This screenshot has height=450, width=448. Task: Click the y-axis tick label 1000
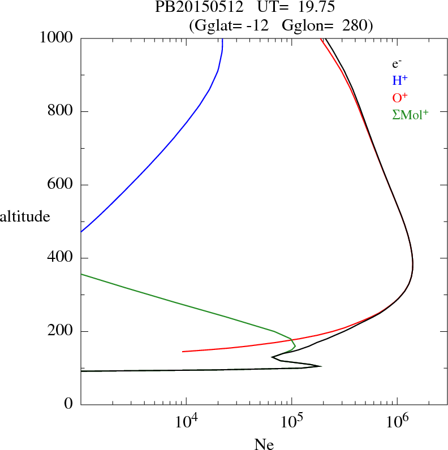click(57, 38)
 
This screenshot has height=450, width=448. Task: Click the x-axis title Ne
click(264, 444)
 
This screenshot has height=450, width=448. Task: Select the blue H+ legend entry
click(400, 81)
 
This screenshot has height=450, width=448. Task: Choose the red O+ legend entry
click(400, 97)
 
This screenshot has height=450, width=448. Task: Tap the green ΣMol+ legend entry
click(410, 114)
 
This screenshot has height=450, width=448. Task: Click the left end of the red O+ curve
click(183, 352)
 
